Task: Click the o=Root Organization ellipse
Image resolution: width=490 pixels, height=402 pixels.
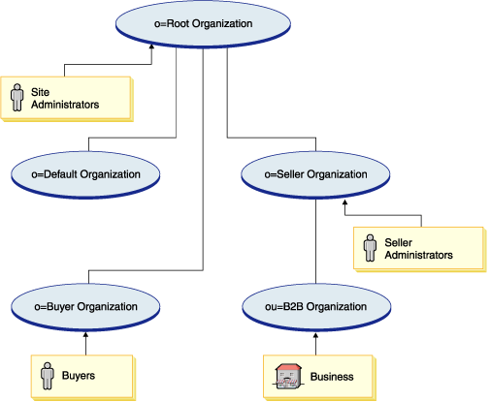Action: point(202,23)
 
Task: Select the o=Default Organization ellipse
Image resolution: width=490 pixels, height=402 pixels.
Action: point(85,174)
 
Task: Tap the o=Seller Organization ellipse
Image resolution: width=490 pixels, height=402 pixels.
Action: point(315,174)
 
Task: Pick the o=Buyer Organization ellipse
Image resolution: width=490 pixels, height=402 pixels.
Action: point(85,306)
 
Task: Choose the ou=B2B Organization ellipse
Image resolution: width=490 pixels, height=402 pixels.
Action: point(315,306)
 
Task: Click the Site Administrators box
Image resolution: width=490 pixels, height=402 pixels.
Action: point(63,97)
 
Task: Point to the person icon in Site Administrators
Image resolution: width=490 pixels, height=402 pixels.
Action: point(16,97)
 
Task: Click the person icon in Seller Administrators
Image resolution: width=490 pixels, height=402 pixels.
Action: point(370,248)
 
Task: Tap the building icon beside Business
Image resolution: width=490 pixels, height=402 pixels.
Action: point(285,375)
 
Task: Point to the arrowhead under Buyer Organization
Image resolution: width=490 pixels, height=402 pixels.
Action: point(85,335)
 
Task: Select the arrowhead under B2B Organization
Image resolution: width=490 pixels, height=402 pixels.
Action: point(315,335)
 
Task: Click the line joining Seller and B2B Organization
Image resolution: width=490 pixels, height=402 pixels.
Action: point(315,242)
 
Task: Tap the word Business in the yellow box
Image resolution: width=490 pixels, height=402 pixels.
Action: point(332,375)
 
